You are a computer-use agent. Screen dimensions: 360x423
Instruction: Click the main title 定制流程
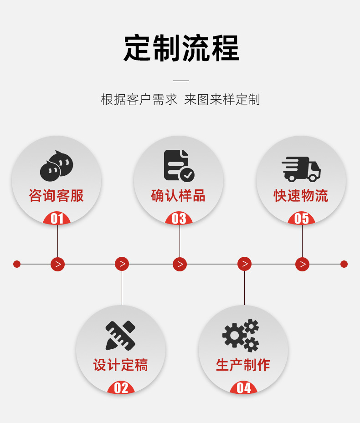181,48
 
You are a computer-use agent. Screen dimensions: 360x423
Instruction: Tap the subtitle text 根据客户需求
139,100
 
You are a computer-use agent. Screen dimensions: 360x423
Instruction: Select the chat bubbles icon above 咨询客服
57,165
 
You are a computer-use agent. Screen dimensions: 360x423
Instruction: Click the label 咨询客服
57,196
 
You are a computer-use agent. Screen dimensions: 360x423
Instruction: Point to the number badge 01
57,219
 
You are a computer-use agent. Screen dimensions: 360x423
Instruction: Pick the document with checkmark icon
179,165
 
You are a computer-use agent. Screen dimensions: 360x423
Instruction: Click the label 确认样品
178,196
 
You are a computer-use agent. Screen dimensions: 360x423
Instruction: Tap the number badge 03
179,219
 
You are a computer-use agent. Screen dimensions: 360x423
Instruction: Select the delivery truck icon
301,169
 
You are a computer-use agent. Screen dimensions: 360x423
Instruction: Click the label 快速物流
301,196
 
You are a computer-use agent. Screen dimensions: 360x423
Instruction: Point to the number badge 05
302,219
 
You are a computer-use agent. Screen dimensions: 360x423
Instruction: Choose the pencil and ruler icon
121,335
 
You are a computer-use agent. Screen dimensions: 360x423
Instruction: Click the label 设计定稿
121,365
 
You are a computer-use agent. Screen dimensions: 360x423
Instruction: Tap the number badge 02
121,388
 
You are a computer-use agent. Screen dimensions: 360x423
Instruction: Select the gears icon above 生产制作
241,336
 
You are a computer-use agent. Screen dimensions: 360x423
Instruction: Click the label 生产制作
243,365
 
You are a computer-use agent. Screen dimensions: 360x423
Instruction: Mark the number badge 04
244,388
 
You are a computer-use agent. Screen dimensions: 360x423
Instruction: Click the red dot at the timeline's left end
17,264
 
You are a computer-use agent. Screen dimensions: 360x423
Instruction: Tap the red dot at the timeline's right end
344,264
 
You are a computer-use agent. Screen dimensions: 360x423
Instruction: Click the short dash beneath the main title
181,81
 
